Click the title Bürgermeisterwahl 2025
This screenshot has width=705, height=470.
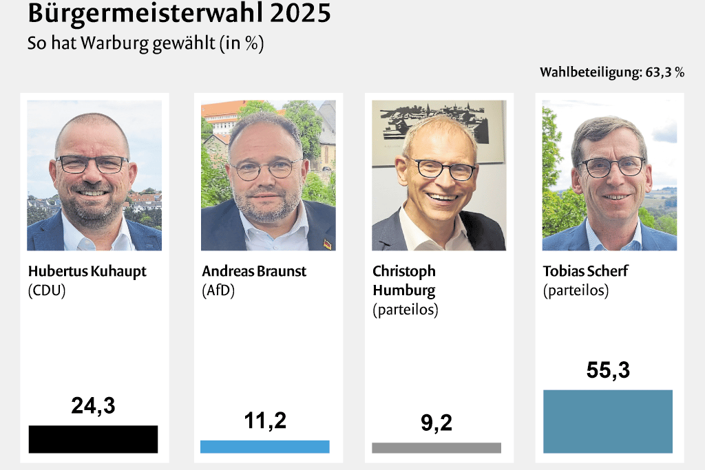(x=179, y=14)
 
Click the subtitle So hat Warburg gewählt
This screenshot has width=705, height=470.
(x=145, y=43)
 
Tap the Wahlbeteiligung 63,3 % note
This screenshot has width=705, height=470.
(x=611, y=72)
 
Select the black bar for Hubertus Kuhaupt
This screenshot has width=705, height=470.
(x=93, y=439)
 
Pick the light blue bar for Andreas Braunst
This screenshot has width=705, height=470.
(x=265, y=447)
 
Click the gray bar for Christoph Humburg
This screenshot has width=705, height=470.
(x=436, y=448)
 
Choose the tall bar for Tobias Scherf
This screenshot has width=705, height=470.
(x=608, y=421)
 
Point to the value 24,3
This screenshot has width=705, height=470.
(x=93, y=406)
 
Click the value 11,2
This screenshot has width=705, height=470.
(x=265, y=420)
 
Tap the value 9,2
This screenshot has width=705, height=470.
(x=436, y=423)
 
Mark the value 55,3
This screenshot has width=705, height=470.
(x=608, y=370)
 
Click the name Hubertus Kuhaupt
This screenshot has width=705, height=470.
(x=87, y=271)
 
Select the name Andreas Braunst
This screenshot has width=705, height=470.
(x=254, y=271)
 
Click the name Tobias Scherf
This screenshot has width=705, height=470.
(x=585, y=271)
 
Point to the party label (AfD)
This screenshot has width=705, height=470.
(x=218, y=290)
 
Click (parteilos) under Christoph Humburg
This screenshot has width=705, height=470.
(x=406, y=310)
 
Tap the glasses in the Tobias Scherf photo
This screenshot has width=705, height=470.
(x=611, y=167)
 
